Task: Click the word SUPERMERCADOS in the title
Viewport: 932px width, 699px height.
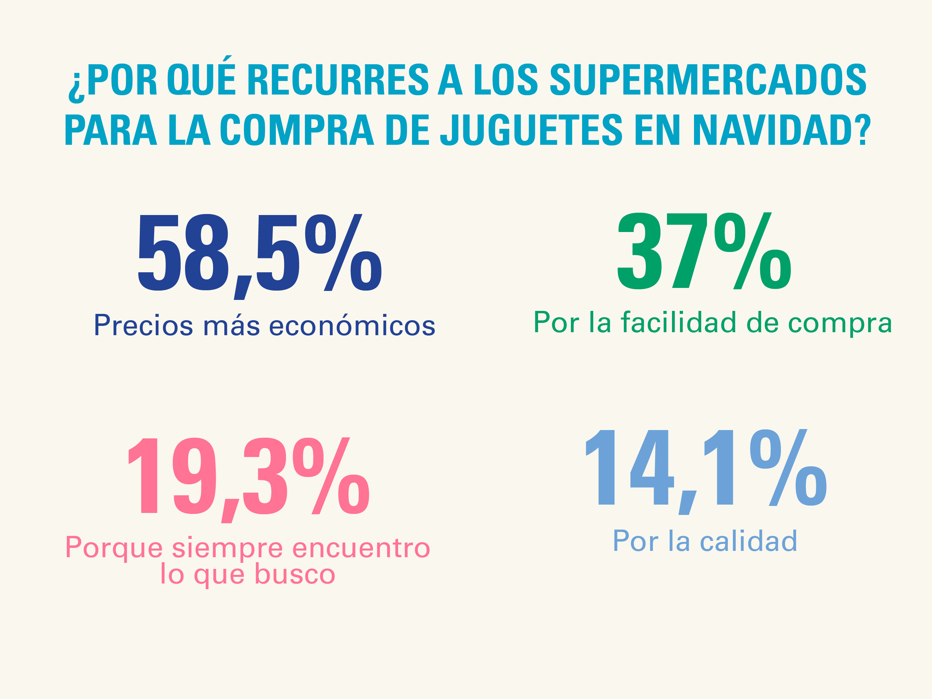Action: [708, 80]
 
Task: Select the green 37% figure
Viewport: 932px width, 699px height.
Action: [704, 252]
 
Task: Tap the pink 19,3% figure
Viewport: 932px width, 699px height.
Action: [249, 476]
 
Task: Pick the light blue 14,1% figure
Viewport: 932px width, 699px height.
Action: [706, 468]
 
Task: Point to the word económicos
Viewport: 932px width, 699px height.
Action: [352, 325]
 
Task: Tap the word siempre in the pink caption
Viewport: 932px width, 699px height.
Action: [228, 548]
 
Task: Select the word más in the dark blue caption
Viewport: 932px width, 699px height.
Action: [231, 325]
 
